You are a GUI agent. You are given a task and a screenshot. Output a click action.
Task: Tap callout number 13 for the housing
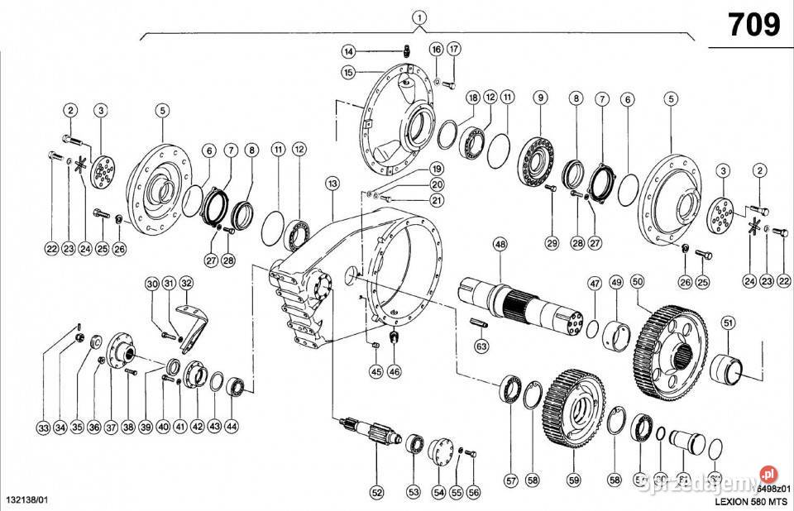tap(332, 183)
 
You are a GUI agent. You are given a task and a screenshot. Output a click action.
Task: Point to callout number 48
tap(500, 244)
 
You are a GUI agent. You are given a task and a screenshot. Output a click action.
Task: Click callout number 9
tap(540, 98)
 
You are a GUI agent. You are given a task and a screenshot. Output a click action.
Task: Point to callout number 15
tap(350, 73)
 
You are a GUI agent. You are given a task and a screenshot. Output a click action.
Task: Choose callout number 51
tap(729, 322)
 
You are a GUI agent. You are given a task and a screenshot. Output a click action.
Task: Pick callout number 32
tap(186, 284)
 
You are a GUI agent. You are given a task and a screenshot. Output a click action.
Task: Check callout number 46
tap(394, 372)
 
